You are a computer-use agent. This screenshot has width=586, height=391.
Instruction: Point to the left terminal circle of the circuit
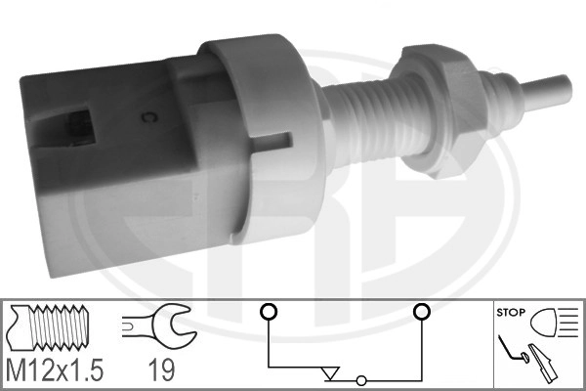(x=268, y=313)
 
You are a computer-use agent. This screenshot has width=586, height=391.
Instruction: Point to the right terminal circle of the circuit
(x=422, y=313)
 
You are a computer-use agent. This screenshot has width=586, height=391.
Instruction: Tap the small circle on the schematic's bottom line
(x=362, y=380)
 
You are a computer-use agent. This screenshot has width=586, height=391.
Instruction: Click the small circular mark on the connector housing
(x=150, y=121)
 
